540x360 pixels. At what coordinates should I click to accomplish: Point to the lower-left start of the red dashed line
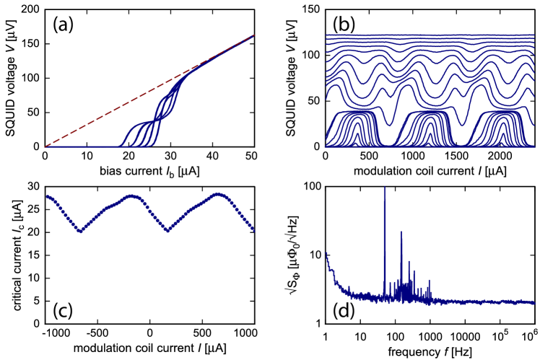point(45,146)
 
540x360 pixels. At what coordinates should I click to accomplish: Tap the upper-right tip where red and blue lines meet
point(254,35)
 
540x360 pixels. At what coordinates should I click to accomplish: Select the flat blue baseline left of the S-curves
point(79,146)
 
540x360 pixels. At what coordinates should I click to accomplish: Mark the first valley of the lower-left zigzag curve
point(80,232)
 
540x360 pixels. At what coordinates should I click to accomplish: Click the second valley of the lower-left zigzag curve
point(168,231)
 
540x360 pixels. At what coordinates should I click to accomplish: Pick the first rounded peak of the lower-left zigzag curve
point(131,196)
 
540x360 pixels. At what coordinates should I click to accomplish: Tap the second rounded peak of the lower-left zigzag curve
point(217,193)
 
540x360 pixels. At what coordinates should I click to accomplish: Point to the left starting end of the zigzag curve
point(47,196)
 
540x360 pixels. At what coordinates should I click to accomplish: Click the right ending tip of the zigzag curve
point(254,232)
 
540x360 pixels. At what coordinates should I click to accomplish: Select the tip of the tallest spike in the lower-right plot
point(384,187)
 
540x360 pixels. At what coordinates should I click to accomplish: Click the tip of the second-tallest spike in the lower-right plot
point(401,232)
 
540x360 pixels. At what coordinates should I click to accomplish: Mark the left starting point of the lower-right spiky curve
point(326,253)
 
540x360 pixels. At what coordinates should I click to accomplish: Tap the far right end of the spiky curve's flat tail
point(534,302)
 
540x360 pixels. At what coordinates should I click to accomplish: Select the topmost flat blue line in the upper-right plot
point(430,35)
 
